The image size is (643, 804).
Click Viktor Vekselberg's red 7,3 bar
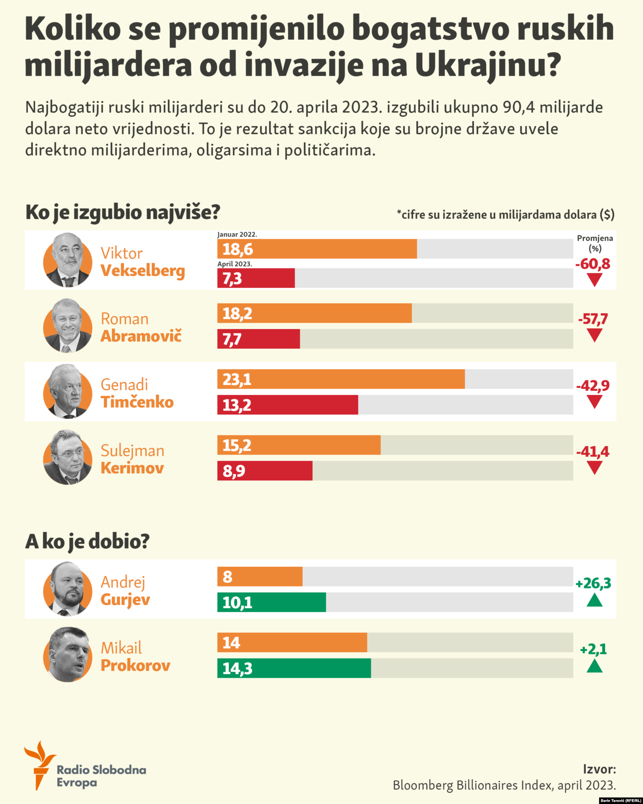click(x=256, y=278)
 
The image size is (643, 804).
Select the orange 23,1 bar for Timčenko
click(x=341, y=379)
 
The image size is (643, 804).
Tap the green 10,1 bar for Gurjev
click(x=272, y=602)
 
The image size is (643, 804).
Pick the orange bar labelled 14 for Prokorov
click(x=292, y=642)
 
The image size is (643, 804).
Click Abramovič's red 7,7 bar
click(x=258, y=339)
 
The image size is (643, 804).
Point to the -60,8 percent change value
click(x=593, y=264)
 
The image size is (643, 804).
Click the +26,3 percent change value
click(x=593, y=583)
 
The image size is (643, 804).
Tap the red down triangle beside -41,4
click(x=594, y=468)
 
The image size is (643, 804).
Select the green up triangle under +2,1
click(x=594, y=666)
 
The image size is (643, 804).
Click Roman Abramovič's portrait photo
click(x=68, y=326)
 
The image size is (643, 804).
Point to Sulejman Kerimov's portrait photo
click(x=68, y=457)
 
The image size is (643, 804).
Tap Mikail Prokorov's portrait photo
click(x=68, y=654)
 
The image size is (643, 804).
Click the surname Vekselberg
click(x=143, y=271)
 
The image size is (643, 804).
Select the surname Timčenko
click(x=137, y=402)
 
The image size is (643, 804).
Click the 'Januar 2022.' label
click(x=237, y=234)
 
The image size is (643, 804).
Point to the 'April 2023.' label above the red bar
click(x=235, y=264)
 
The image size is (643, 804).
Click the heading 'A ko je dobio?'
click(x=87, y=541)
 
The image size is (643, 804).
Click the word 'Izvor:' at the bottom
click(x=599, y=769)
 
